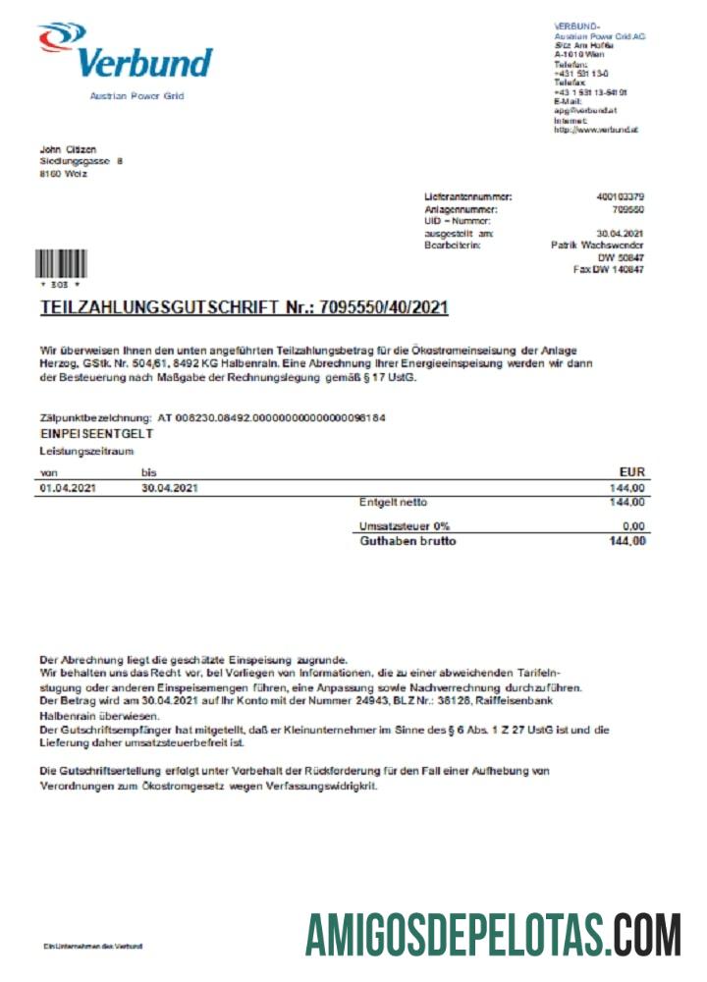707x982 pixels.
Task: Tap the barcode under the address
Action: tap(59, 264)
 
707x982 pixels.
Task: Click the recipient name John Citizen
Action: tap(68, 149)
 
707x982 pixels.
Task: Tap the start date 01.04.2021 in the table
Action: tap(67, 487)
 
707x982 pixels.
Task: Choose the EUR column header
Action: tap(631, 472)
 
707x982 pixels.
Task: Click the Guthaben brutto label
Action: tap(408, 541)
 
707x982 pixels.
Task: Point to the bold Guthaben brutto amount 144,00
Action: tap(626, 541)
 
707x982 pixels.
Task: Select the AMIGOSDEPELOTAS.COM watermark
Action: tap(492, 934)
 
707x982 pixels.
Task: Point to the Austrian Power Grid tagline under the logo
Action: tap(136, 96)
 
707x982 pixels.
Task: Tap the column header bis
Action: tap(148, 472)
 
